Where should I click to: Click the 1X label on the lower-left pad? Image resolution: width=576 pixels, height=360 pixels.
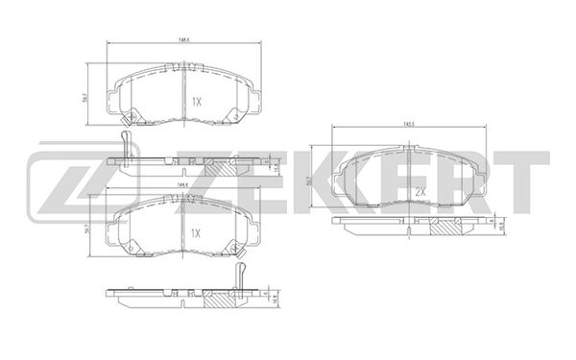196,231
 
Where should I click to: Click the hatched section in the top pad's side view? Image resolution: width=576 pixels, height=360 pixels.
230,165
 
